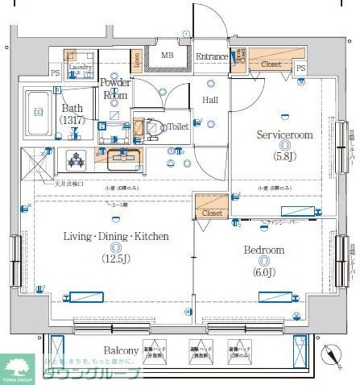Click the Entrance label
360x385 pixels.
pyautogui.click(x=212, y=57)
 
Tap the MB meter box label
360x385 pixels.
pyautogui.click(x=167, y=56)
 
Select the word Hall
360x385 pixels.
pyautogui.click(x=209, y=100)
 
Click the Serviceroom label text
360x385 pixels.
pyautogui.click(x=284, y=135)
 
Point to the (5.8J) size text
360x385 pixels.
pyautogui.click(x=285, y=157)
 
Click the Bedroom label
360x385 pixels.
pyautogui.click(x=263, y=250)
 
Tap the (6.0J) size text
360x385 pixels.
pyautogui.click(x=264, y=272)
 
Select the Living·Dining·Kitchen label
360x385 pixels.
pyautogui.click(x=116, y=237)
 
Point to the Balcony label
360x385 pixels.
pyautogui.click(x=121, y=350)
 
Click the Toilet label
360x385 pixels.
pyautogui.click(x=178, y=127)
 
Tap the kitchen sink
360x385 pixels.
pyautogui.click(x=124, y=160)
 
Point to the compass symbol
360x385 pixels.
pyautogui.click(x=331, y=354)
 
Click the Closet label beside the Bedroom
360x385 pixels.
pyautogui.click(x=212, y=213)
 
